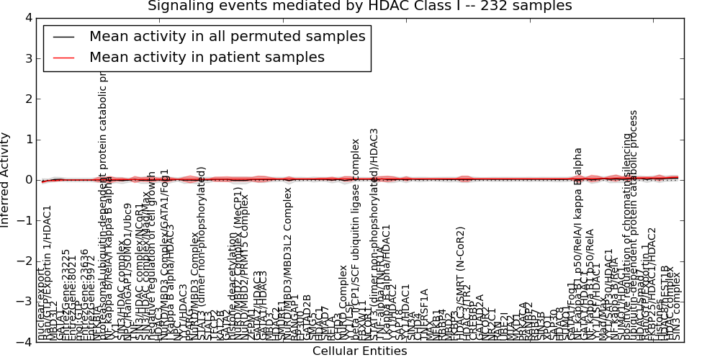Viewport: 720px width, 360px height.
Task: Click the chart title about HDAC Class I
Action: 359,6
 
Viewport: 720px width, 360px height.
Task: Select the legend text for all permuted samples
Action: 227,36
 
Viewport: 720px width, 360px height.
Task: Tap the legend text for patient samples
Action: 207,57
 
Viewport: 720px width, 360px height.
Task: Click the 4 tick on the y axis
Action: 27,18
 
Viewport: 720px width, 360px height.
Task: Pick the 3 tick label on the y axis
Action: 27,58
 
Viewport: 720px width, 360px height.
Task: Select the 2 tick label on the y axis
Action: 27,99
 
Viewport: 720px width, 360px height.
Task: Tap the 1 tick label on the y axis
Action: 27,140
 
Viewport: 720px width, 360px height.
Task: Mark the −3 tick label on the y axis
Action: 24,302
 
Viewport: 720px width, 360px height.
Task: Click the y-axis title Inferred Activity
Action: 6,180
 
